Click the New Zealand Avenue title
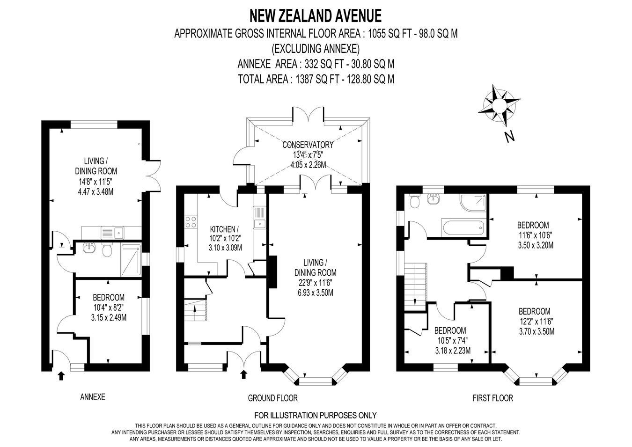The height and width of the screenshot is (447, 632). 316,16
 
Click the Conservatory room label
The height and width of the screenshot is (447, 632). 308,145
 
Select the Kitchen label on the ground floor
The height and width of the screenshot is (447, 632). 225,228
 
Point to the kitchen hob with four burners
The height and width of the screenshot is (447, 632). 191,222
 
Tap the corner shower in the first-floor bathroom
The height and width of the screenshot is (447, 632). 473,204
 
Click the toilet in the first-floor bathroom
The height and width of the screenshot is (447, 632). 414,202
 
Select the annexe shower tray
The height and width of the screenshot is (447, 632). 131,259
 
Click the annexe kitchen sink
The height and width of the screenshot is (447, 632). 112,233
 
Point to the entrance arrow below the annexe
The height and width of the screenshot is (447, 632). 61,376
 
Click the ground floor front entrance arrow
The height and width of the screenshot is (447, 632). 244,374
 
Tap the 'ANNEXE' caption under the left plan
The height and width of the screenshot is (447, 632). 93,397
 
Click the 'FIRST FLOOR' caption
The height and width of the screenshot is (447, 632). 492,398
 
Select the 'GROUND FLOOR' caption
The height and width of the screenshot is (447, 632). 273,398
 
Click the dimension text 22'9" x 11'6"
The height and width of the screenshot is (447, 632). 316,283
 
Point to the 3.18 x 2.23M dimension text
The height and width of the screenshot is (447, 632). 453,351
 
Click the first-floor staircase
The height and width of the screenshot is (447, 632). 415,286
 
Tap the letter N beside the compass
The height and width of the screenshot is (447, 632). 509,137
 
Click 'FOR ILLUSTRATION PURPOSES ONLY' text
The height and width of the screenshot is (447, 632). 316,416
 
